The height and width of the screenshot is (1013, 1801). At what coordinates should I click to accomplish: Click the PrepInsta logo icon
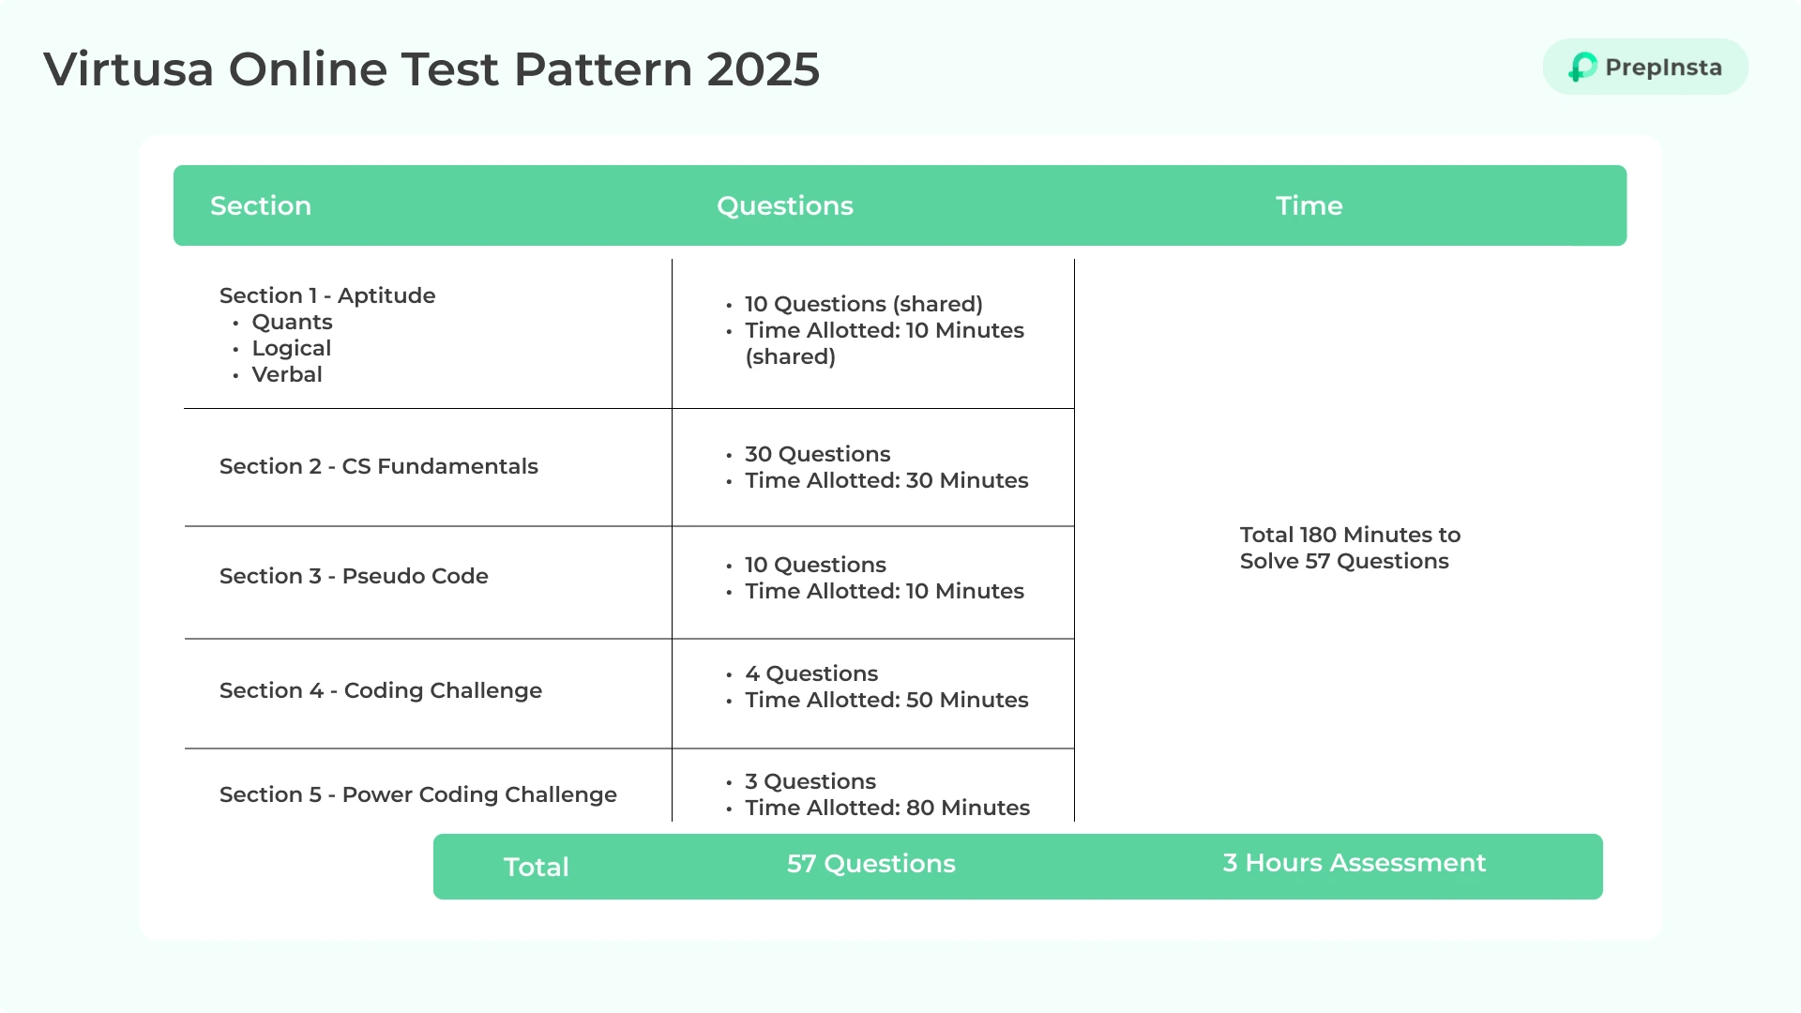(1582, 67)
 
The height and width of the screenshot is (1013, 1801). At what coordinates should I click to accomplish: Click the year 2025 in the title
(764, 69)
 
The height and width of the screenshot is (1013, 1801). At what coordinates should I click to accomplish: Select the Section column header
(261, 205)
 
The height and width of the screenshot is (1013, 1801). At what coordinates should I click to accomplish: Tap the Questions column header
(785, 205)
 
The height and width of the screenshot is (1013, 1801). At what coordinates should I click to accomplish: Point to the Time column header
(1309, 205)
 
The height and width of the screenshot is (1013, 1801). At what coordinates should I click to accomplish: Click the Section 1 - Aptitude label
(327, 295)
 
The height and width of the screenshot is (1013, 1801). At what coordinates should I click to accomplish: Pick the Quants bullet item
(292, 322)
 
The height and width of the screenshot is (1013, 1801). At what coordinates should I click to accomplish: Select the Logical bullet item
(292, 348)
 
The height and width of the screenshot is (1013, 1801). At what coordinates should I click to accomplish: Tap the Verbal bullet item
(287, 374)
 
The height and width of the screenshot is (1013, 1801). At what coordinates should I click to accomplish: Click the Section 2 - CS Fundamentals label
(379, 466)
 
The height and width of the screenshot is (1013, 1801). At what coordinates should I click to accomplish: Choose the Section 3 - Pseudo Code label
(354, 576)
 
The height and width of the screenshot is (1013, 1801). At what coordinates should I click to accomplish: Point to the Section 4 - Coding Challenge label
(381, 690)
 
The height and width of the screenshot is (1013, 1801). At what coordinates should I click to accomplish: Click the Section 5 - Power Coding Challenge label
(418, 794)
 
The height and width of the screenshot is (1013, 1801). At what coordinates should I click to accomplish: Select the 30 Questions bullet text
(818, 454)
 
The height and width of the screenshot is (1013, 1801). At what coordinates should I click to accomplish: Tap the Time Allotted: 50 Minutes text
(886, 700)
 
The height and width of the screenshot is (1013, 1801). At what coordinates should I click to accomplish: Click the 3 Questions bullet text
(810, 781)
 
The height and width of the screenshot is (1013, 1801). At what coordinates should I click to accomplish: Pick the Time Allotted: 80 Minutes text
(887, 808)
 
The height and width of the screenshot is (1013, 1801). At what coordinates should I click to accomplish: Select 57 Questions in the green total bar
(871, 864)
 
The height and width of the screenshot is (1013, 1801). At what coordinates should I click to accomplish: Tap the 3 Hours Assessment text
(1355, 863)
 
